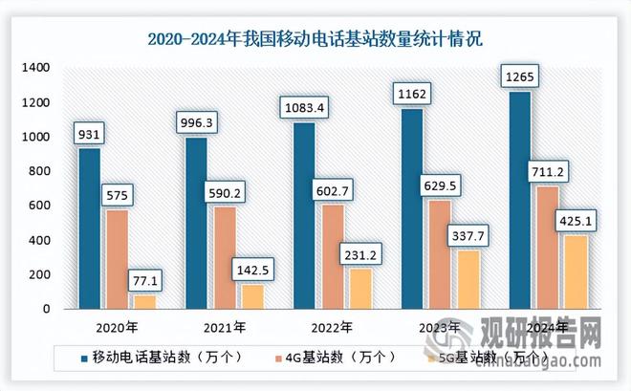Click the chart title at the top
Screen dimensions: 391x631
(x=315, y=39)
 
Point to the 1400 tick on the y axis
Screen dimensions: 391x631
(x=37, y=68)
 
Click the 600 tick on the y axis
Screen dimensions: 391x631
(x=40, y=206)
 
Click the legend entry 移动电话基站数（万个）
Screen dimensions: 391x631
(x=158, y=357)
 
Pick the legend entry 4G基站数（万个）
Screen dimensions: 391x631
(x=330, y=357)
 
